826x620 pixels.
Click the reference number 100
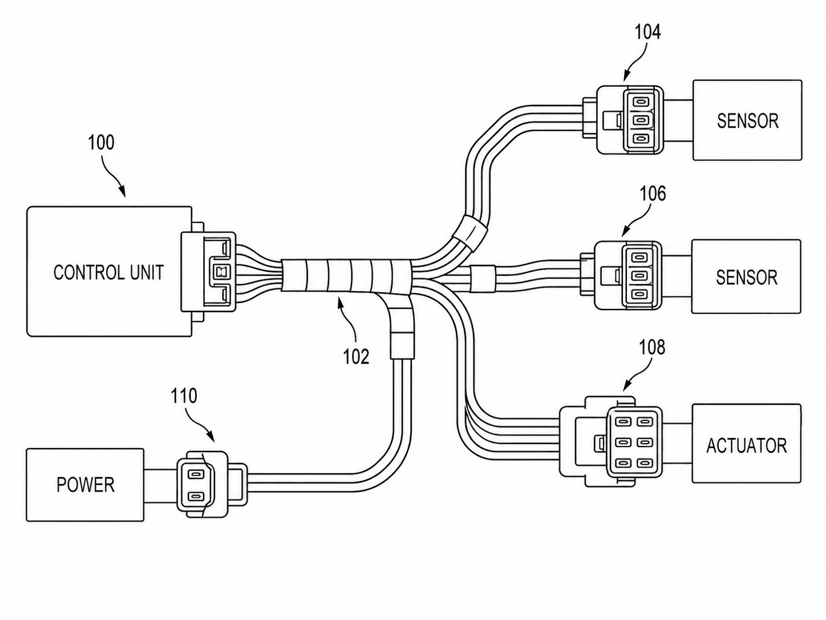tap(101, 143)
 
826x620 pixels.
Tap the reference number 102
tap(356, 356)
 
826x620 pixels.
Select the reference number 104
tap(647, 33)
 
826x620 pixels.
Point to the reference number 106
tap(653, 194)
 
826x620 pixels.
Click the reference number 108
tap(652, 347)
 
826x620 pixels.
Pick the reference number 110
tap(184, 396)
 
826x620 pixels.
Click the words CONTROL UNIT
tap(109, 272)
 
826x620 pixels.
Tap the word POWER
tap(86, 485)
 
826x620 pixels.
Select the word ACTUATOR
tap(747, 446)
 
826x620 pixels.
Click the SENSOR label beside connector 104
tap(748, 121)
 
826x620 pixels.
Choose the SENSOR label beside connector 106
tap(747, 277)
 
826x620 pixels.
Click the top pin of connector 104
tap(640, 102)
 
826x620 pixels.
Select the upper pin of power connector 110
tap(193, 474)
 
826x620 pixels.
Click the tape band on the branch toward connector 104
tap(471, 231)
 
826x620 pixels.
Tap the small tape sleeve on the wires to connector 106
tap(483, 279)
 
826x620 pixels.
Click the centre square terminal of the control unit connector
tap(220, 272)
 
